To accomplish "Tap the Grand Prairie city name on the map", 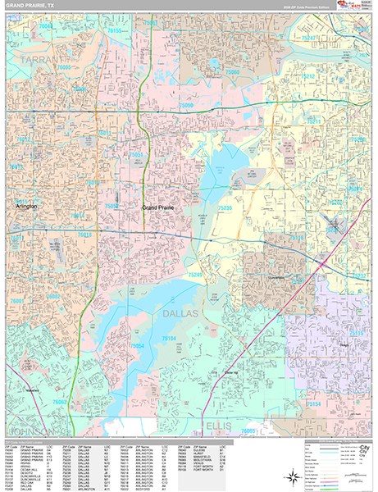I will (x=160, y=208).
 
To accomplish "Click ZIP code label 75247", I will (x=308, y=38).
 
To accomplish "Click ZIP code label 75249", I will (x=194, y=274).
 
